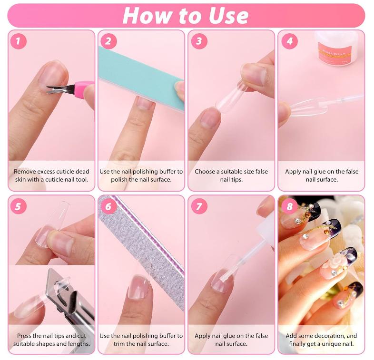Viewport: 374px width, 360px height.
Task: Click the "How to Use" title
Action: point(186,15)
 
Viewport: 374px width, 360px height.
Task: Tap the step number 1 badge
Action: point(19,41)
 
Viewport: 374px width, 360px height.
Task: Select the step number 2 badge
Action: point(108,41)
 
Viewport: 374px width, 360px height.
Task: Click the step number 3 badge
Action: point(199,41)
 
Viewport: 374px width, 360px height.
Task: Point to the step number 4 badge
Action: point(289,41)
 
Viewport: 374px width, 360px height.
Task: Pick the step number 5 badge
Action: point(19,206)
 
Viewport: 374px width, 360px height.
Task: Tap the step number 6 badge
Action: point(108,206)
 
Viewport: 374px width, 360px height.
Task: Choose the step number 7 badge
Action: point(199,206)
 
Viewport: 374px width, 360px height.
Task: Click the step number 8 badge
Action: point(289,206)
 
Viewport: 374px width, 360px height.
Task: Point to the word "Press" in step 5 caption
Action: point(26,336)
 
